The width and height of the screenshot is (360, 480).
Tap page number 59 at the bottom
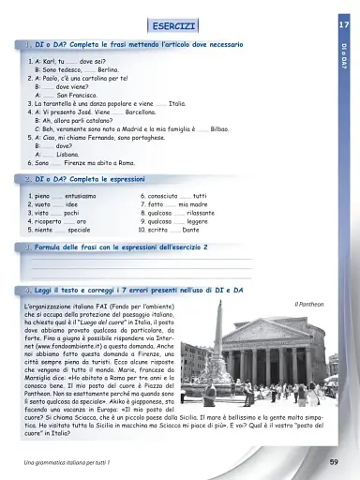334,462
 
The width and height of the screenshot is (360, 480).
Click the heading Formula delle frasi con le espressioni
121,247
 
